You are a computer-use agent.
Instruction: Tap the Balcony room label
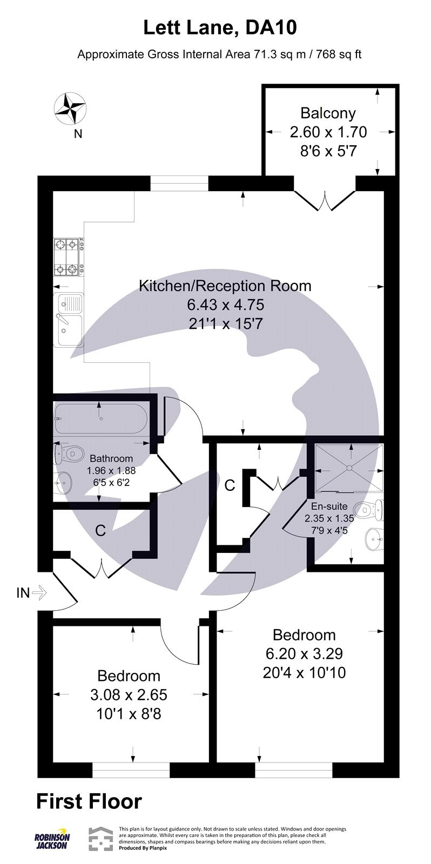pyautogui.click(x=328, y=113)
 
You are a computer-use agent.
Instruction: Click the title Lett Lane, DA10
pyautogui.click(x=220, y=28)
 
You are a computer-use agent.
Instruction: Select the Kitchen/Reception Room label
pyautogui.click(x=225, y=286)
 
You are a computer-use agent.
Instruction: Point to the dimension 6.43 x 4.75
pyautogui.click(x=225, y=305)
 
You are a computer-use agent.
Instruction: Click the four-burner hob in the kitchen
pyautogui.click(x=69, y=256)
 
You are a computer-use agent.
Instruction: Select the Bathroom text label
pyautogui.click(x=111, y=459)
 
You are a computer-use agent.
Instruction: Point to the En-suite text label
pyautogui.click(x=329, y=507)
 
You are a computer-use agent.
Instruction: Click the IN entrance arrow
pyautogui.click(x=39, y=593)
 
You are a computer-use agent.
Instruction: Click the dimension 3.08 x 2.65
pyautogui.click(x=129, y=694)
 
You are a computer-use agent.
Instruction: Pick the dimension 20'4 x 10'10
pyautogui.click(x=304, y=673)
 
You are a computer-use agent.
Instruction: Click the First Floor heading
pyautogui.click(x=89, y=802)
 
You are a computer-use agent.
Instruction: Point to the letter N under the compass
pyautogui.click(x=78, y=134)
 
